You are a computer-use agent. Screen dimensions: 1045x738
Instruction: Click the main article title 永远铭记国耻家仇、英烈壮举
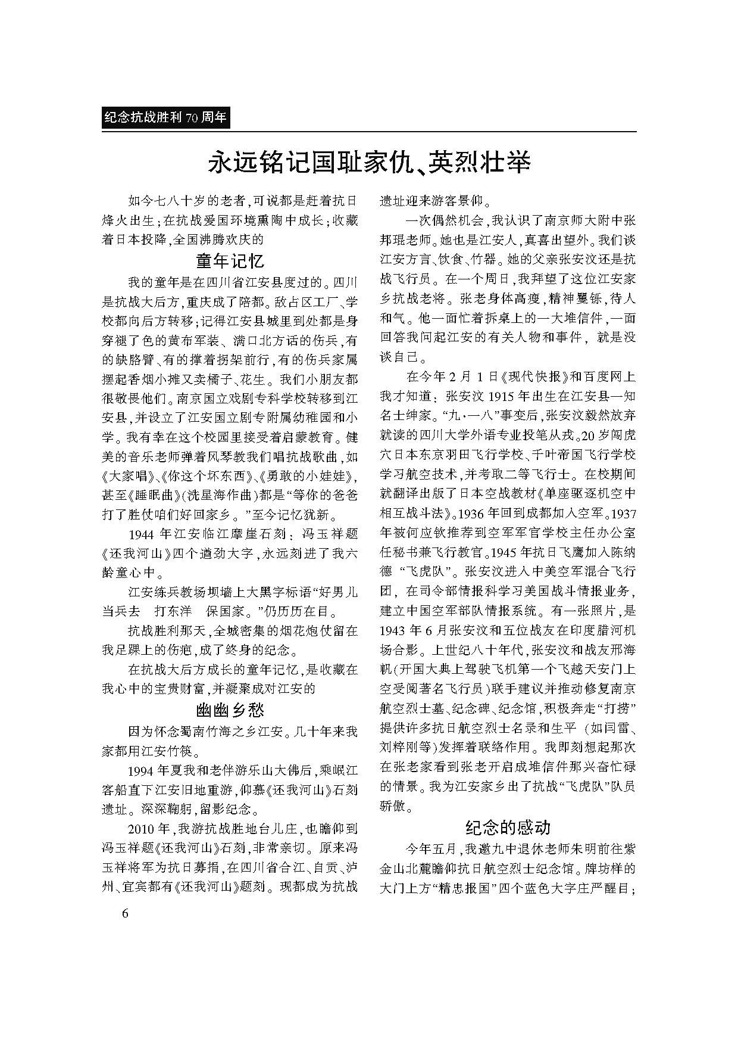tap(368, 162)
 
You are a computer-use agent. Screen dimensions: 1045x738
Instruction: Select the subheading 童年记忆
tap(230, 261)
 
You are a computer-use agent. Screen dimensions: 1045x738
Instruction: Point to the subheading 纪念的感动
tap(508, 827)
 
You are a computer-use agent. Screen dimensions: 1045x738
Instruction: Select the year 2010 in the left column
tap(142, 829)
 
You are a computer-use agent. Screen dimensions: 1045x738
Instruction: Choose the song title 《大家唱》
tap(124, 475)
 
